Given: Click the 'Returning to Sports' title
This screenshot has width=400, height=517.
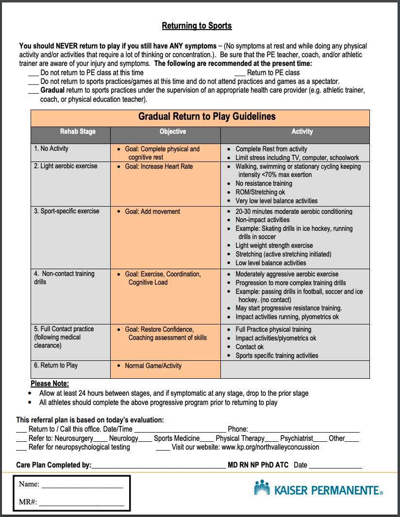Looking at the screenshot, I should (197, 26).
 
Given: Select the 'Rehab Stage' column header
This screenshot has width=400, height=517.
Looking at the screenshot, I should (78, 131).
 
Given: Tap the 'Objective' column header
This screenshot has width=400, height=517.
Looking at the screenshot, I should (172, 131).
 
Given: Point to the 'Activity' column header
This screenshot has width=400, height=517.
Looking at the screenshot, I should (302, 131).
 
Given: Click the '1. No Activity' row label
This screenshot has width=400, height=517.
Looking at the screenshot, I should (51, 148).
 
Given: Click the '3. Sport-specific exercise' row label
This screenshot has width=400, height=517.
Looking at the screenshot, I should (67, 211).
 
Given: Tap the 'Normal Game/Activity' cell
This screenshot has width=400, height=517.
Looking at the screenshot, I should (153, 366).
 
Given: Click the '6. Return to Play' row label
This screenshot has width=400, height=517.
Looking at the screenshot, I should (56, 365).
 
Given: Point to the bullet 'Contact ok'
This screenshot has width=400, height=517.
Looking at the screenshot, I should (250, 347).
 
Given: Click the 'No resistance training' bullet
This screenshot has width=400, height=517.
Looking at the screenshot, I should (264, 183).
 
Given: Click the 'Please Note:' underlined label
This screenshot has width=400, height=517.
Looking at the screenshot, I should (50, 384).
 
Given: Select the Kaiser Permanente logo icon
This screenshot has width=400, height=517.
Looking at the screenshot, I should (262, 487).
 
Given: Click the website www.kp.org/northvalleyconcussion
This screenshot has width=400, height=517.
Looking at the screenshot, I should (270, 447).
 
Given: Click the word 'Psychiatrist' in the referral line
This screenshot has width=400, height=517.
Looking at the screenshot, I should (297, 438).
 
